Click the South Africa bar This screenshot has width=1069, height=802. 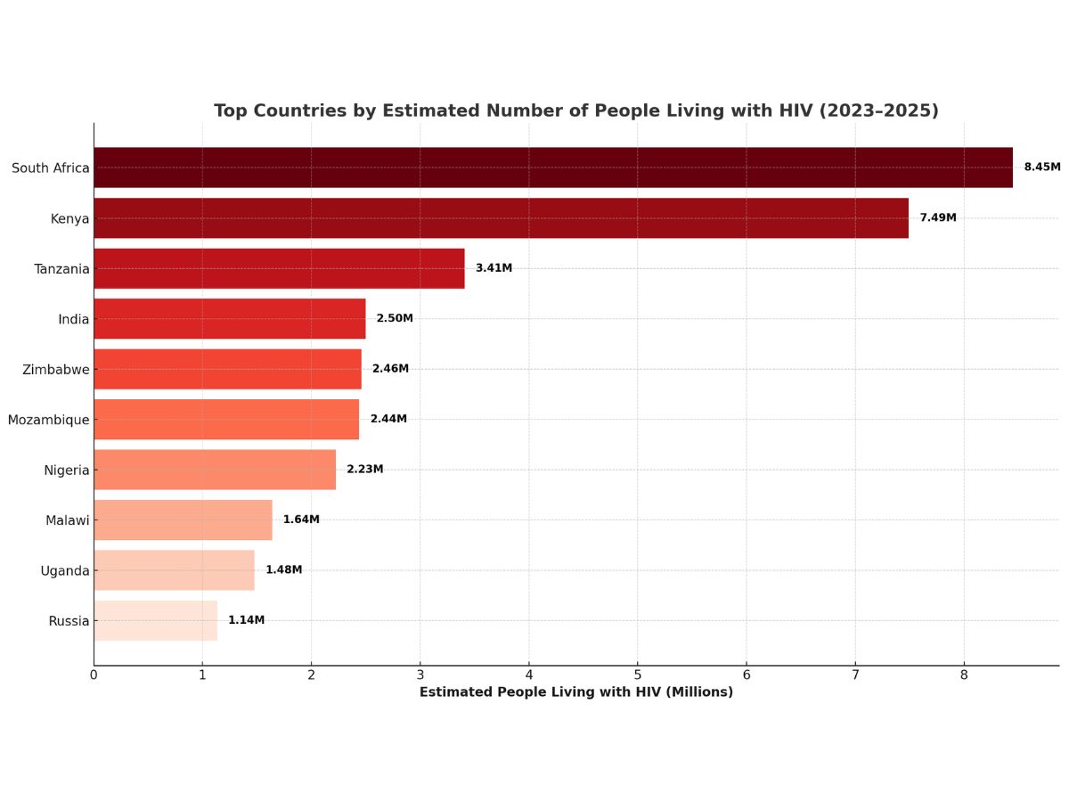tap(552, 168)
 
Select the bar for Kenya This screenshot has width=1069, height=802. tap(501, 217)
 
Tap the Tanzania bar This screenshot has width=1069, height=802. tap(279, 268)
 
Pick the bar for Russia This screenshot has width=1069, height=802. tap(155, 620)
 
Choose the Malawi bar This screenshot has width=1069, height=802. tap(183, 520)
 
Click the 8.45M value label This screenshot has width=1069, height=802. tap(1041, 168)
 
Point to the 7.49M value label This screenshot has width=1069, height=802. tap(937, 217)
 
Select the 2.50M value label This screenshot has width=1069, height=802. tap(395, 318)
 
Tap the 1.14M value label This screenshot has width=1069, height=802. tap(246, 620)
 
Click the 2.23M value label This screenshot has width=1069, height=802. tap(364, 470)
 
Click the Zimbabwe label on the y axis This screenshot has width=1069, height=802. tap(55, 369)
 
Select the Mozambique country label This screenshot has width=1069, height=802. tap(48, 420)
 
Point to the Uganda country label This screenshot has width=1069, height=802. tap(64, 570)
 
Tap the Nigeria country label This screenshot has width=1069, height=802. tap(66, 470)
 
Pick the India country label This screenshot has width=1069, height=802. tap(73, 319)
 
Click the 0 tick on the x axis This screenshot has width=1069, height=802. tap(94, 675)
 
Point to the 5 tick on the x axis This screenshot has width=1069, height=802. tap(638, 675)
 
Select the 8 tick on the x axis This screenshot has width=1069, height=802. tap(964, 675)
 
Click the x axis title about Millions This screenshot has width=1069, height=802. tap(576, 692)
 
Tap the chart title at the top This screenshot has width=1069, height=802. tap(576, 110)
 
